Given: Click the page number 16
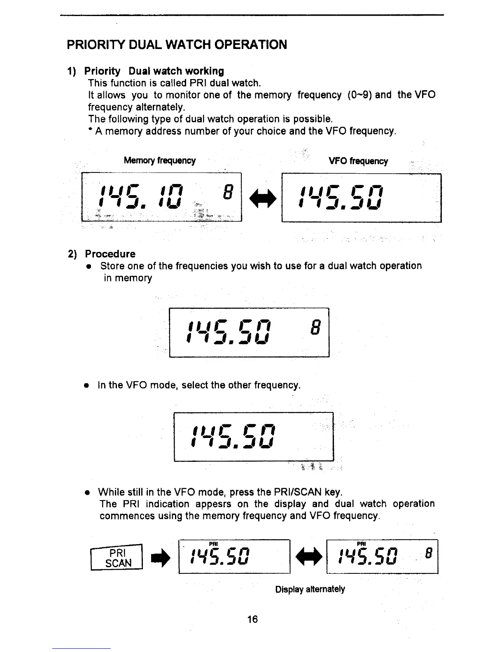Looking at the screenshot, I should (x=252, y=619).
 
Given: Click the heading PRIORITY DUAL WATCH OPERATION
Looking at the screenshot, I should (x=177, y=44).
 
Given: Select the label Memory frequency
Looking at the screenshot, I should (x=160, y=161).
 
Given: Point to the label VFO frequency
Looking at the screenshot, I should (x=358, y=161).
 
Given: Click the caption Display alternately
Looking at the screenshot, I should (x=310, y=589).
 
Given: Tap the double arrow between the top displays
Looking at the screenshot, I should (x=261, y=199).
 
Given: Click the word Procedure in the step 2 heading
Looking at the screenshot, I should (x=110, y=254).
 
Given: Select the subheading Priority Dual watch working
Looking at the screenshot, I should (x=154, y=71).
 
